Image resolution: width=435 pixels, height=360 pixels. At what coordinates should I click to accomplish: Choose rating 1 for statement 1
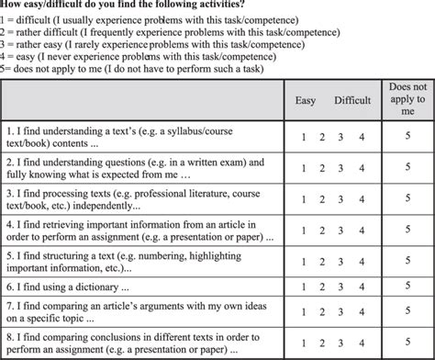(x=304, y=136)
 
